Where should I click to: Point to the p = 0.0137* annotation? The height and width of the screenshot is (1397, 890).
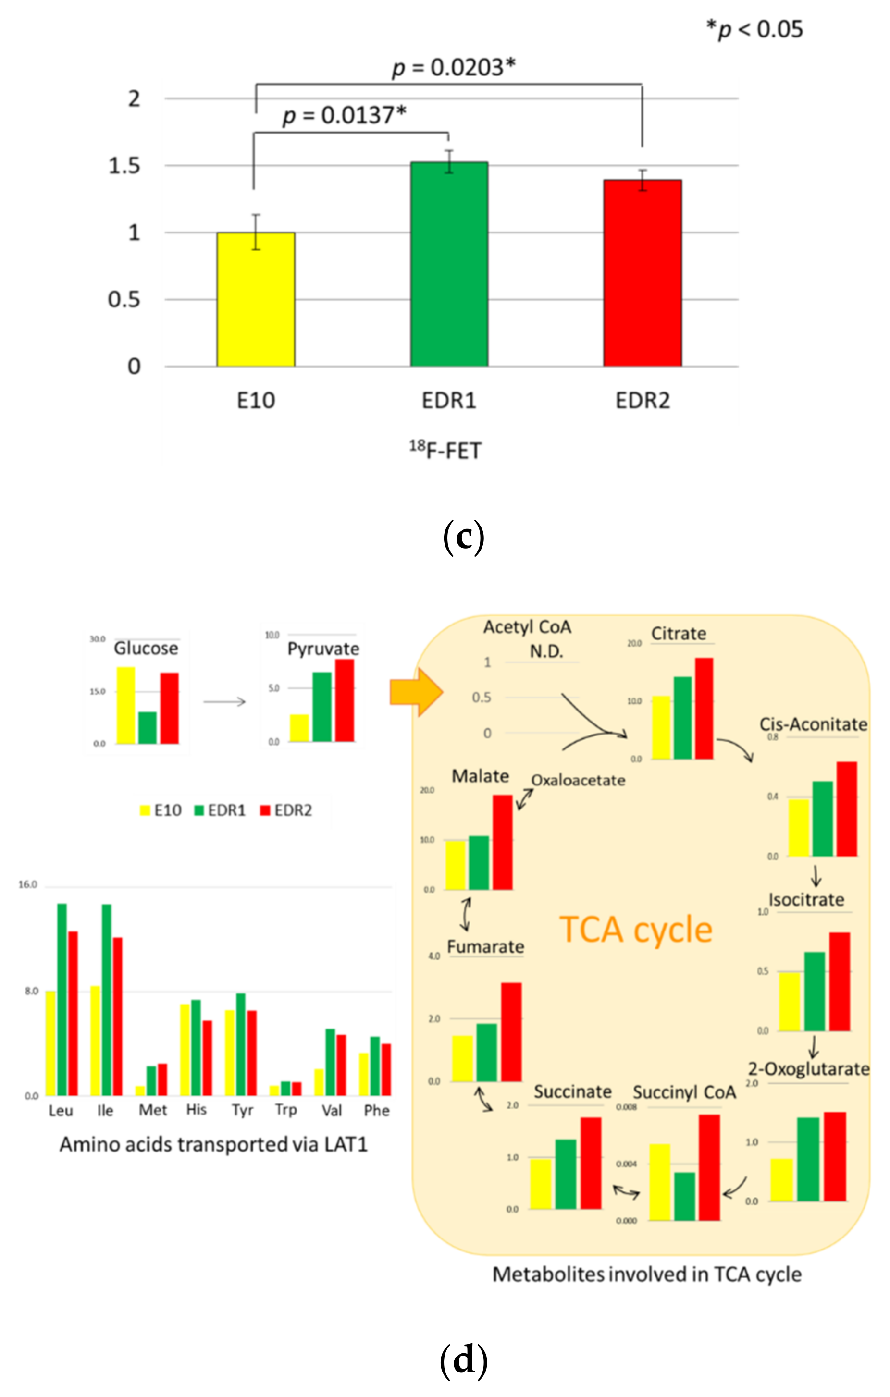click(x=344, y=115)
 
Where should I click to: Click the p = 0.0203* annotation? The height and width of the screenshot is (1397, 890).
click(x=453, y=67)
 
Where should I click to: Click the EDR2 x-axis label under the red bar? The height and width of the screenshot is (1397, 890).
click(x=642, y=401)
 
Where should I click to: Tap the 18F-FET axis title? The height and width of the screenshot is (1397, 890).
click(x=445, y=450)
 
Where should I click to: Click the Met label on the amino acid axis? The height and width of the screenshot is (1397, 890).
click(x=153, y=1110)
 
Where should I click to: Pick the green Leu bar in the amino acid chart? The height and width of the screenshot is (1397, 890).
click(x=62, y=999)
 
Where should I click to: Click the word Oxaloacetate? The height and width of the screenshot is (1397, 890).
click(x=578, y=780)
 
